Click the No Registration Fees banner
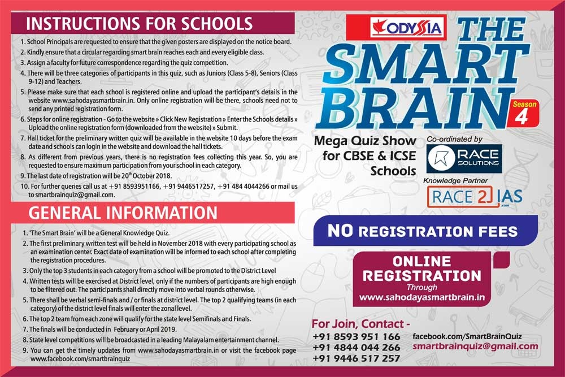[423, 231]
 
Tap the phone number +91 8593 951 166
[355, 337]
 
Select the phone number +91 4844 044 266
[355, 348]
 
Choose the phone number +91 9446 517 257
[355, 358]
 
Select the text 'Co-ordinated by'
[455, 138]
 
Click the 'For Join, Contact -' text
[360, 324]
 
